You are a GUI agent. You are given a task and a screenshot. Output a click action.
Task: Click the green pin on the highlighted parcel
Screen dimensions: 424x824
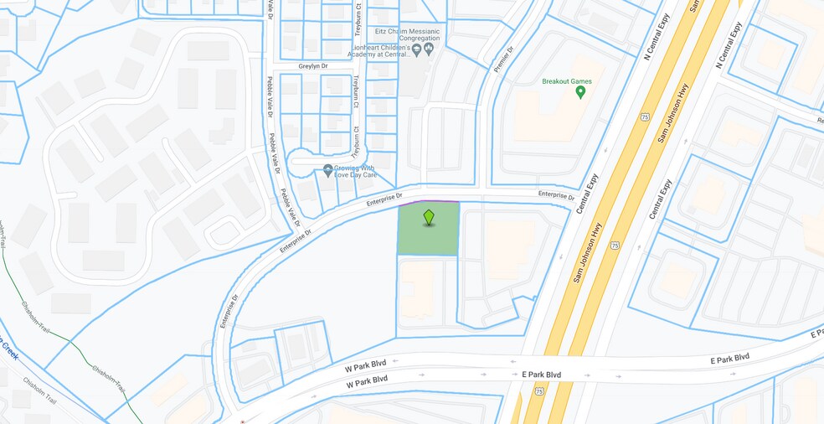[429, 217]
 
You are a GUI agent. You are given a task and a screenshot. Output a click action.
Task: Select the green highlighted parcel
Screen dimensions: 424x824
[428, 239]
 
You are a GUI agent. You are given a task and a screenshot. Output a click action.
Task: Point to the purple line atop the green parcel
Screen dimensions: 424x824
[428, 202]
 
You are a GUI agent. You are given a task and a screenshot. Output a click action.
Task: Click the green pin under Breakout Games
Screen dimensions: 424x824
[580, 92]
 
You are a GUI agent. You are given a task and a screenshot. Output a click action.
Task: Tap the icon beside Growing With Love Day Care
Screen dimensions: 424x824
[328, 171]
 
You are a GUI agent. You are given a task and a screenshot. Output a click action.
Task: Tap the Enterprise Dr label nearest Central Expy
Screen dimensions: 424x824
[557, 194]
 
